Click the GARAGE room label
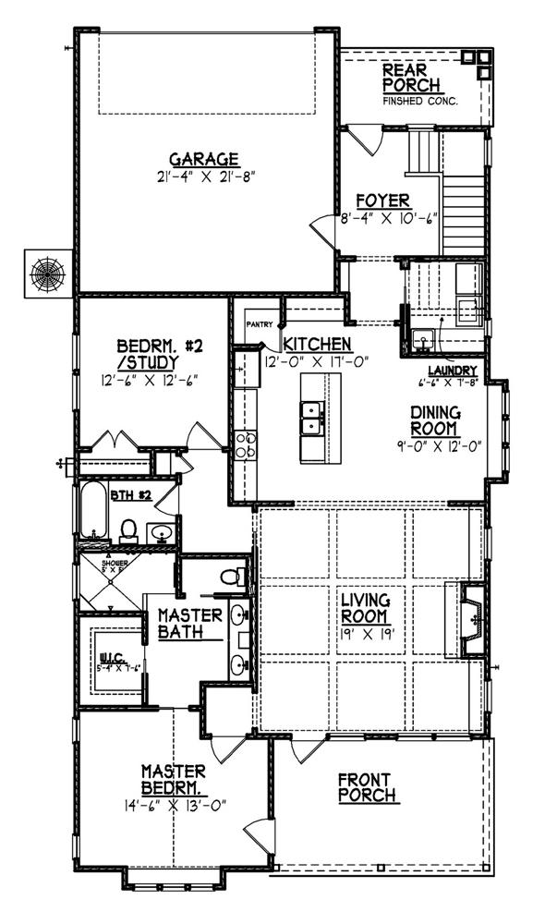coord(204,157)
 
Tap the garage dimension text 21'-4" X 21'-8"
coord(204,174)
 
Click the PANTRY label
coord(260,324)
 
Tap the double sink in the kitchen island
coord(312,418)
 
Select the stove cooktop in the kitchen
coord(245,445)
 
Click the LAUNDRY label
coord(445,369)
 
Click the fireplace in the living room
coord(470,618)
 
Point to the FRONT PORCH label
coord(368,786)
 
